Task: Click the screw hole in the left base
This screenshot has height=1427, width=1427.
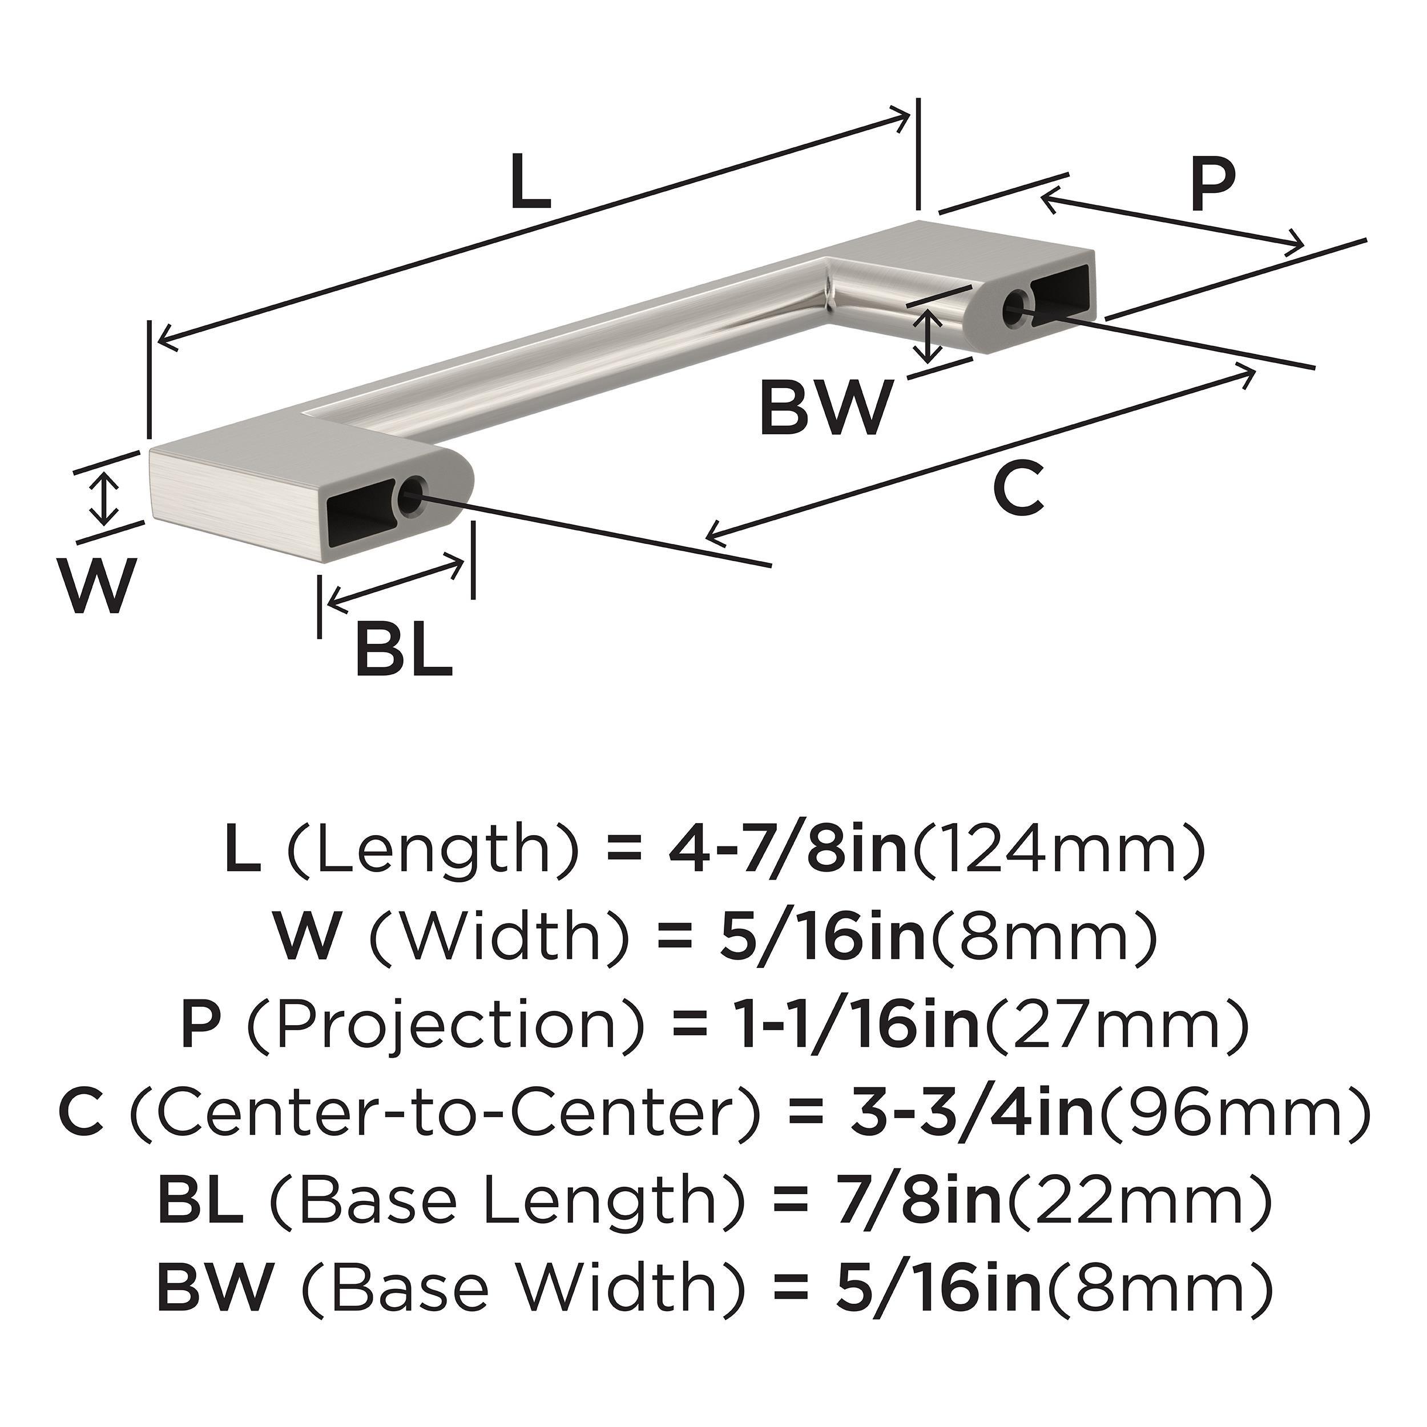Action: click(x=410, y=497)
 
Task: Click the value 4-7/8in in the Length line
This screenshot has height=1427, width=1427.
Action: click(x=787, y=850)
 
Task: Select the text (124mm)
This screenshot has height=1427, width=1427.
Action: click(x=1058, y=850)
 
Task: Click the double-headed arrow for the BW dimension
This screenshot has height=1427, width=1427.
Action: click(x=929, y=336)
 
